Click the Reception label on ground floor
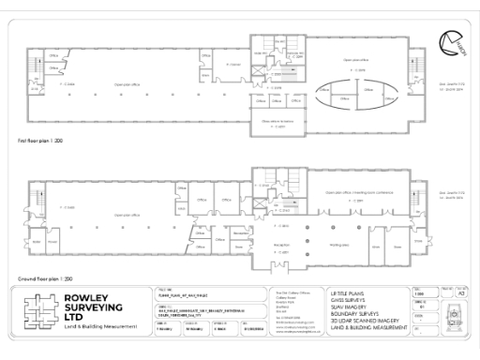pos(281,244)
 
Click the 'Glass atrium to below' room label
pos(277,120)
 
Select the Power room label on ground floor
pos(52,242)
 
